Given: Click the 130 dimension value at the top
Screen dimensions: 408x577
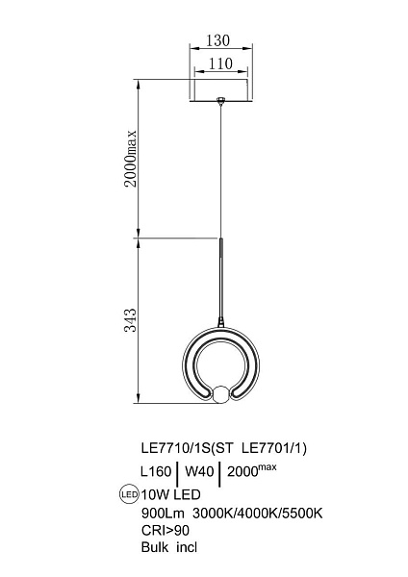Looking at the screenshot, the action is click(217, 40).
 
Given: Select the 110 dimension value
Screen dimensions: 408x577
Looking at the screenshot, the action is click(220, 63).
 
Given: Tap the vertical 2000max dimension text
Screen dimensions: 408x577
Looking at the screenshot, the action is click(130, 159).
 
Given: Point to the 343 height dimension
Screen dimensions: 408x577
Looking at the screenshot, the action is click(130, 320).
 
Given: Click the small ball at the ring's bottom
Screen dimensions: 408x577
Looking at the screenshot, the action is click(221, 394).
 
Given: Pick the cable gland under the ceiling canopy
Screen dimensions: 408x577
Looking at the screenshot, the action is click(221, 100).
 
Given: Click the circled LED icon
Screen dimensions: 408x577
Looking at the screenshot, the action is click(130, 494).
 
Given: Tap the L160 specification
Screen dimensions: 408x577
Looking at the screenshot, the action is click(156, 471).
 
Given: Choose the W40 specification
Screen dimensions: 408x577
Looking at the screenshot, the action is click(199, 471).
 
